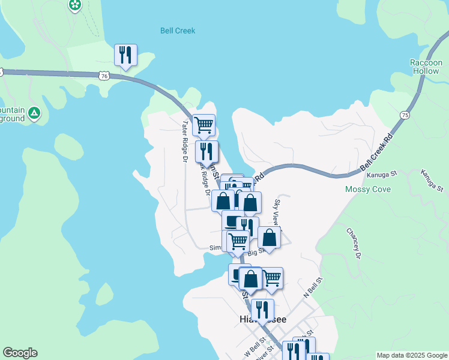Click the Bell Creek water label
(x=178, y=31)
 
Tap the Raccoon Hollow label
(x=425, y=67)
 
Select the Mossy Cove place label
(x=368, y=190)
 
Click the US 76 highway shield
(x=104, y=76)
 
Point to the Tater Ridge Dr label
(x=185, y=141)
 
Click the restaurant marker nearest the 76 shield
(x=125, y=55)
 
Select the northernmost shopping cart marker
(x=204, y=125)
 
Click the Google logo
(x=20, y=353)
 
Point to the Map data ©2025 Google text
(x=412, y=355)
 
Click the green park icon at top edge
(x=75, y=5)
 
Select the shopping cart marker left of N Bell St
(x=272, y=277)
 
